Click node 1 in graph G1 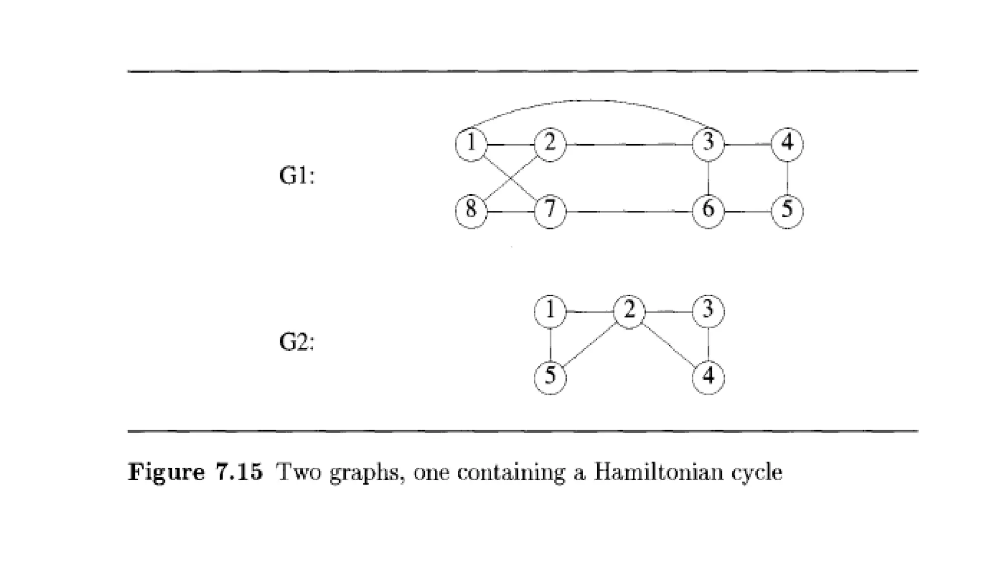click(471, 144)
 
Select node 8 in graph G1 click(471, 211)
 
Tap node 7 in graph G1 click(550, 211)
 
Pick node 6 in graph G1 click(708, 211)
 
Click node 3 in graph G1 click(708, 144)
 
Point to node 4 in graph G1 click(787, 144)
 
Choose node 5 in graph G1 click(787, 211)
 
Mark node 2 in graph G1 click(550, 144)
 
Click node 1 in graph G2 click(550, 311)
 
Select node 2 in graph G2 click(629, 311)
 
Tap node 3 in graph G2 click(708, 311)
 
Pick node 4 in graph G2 click(708, 378)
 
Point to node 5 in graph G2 click(550, 378)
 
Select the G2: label click(296, 342)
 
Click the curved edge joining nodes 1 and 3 click(589, 101)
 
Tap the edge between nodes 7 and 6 click(629, 212)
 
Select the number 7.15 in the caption click(239, 472)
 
